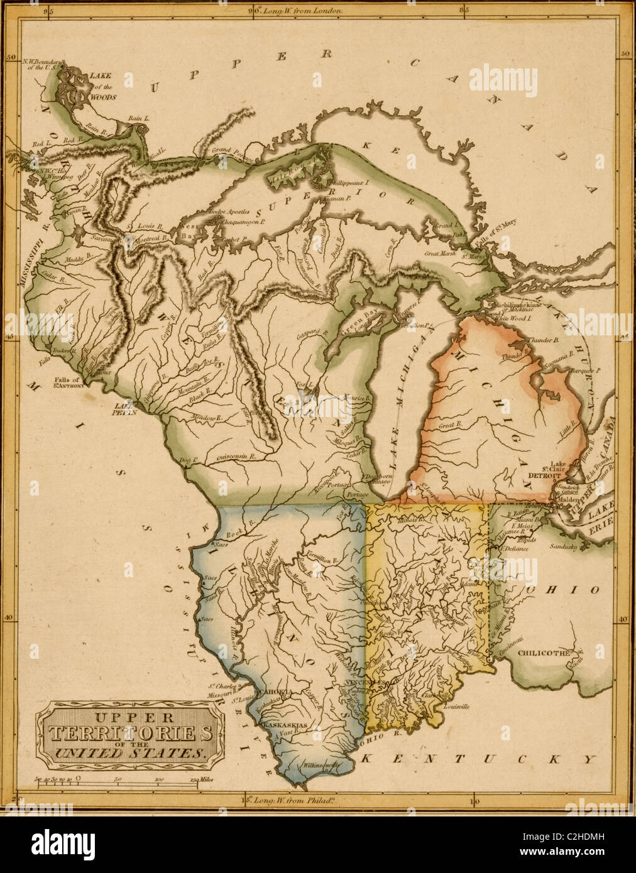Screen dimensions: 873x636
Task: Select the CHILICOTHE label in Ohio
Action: click(x=543, y=653)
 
